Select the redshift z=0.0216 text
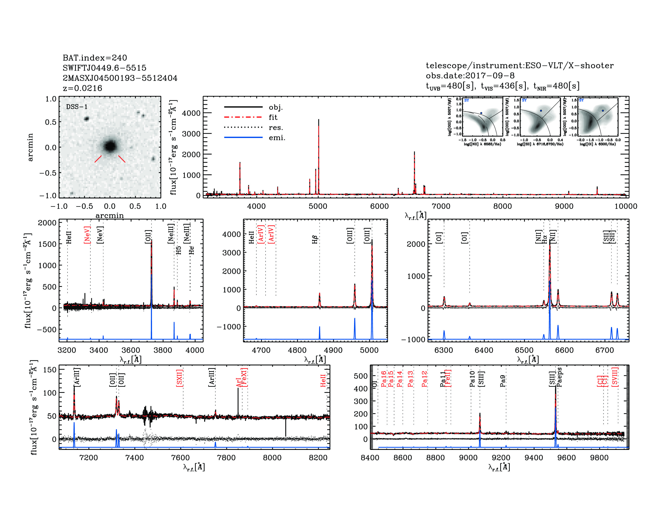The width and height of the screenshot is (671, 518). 82,88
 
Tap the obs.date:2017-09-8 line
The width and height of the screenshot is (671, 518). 470,76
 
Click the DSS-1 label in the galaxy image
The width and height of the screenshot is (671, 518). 77,107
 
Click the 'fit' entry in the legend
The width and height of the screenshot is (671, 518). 273,117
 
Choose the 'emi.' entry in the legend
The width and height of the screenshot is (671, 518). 277,138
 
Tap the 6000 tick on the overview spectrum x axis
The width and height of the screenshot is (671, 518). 379,206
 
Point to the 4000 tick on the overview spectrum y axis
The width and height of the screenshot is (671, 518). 191,113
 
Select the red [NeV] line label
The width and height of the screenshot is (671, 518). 87,235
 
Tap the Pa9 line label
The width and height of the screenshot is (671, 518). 503,381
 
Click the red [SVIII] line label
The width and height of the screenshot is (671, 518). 615,377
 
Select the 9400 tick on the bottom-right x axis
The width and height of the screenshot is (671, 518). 534,457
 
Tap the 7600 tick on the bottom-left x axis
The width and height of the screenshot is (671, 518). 180,457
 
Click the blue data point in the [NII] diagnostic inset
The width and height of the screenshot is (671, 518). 481,113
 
